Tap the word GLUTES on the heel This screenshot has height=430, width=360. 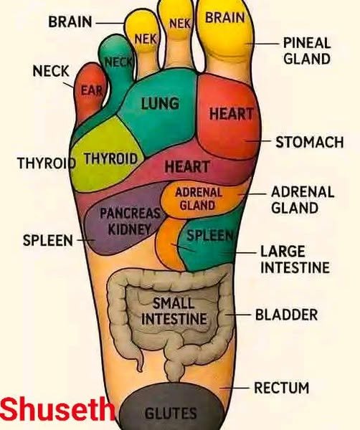pyautogui.click(x=171, y=413)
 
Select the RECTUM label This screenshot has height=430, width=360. pyautogui.click(x=282, y=388)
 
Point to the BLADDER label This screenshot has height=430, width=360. pyautogui.click(x=286, y=315)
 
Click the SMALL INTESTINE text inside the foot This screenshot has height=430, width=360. pyautogui.click(x=174, y=311)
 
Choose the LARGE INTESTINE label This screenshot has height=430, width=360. pyautogui.click(x=295, y=259)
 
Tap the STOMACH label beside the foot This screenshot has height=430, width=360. pyautogui.click(x=310, y=142)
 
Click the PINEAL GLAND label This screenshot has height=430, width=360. pyautogui.click(x=307, y=51)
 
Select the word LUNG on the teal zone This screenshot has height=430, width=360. pyautogui.click(x=160, y=104)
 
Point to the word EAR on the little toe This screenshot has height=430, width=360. pyautogui.click(x=91, y=90)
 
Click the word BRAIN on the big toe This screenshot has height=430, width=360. pyautogui.click(x=225, y=18)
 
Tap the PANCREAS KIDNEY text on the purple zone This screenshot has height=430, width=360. pyautogui.click(x=130, y=221)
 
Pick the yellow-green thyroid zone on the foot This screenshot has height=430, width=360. pyautogui.click(x=105, y=155)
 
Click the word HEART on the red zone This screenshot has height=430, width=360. pyautogui.click(x=231, y=113)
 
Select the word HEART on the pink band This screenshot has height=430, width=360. pyautogui.click(x=187, y=167)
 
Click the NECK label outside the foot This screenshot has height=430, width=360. pyautogui.click(x=51, y=71)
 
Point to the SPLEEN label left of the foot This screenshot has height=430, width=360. pyautogui.click(x=48, y=240)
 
